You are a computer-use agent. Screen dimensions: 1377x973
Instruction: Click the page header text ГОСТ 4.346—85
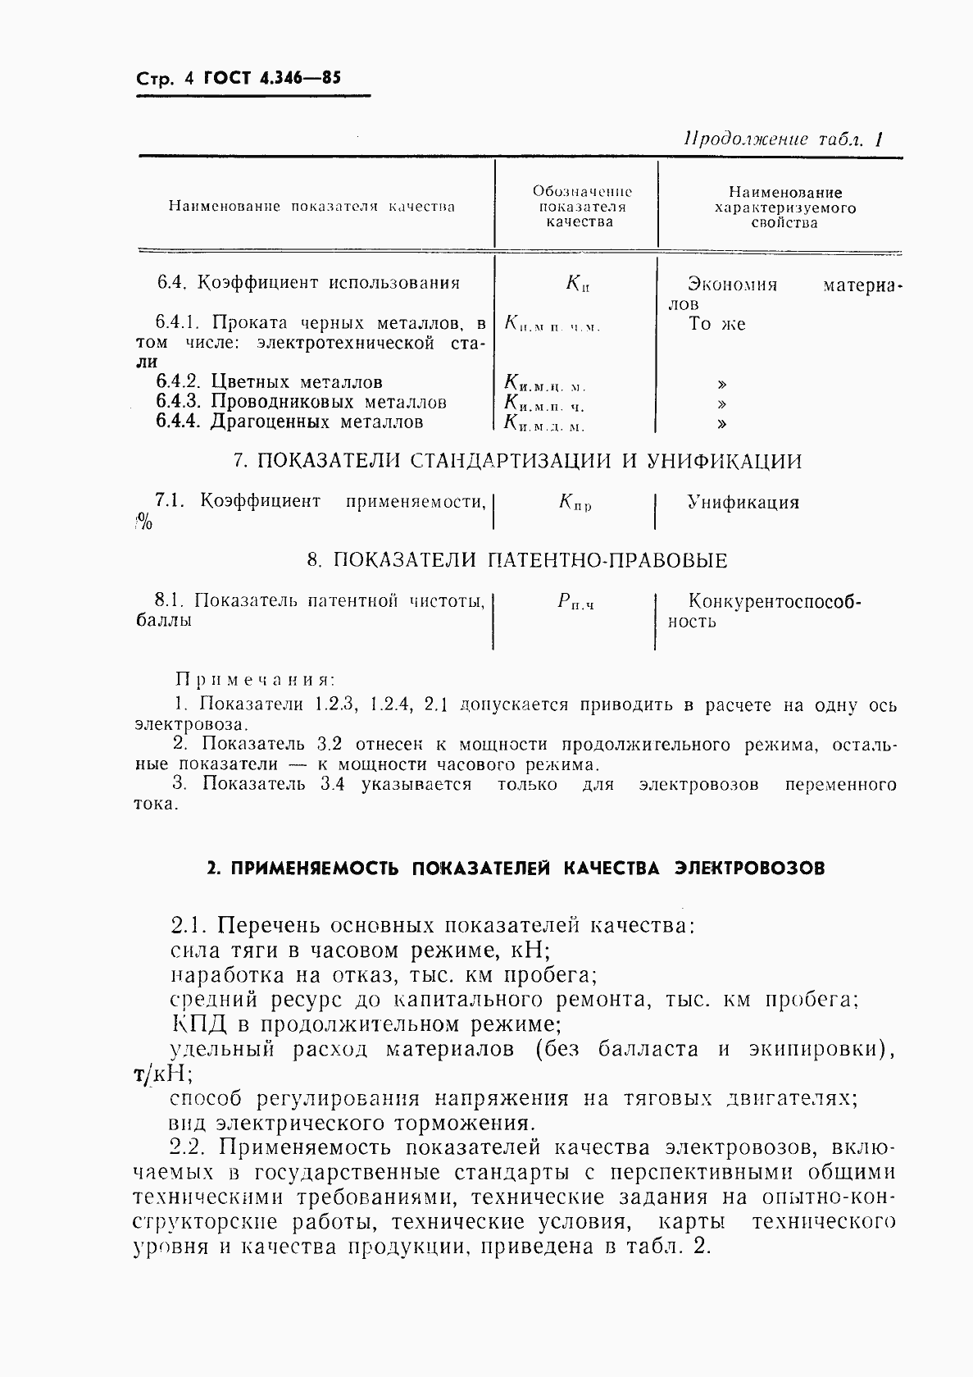pos(271,79)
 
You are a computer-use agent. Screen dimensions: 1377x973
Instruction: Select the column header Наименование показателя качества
pos(311,207)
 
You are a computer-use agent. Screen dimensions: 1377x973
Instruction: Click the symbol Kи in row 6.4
pos(577,284)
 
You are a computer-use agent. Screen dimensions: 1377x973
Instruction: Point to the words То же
pos(716,324)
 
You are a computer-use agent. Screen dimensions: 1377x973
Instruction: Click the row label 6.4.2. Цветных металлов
pos(269,382)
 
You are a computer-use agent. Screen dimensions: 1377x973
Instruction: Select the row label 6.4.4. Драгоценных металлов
pos(289,422)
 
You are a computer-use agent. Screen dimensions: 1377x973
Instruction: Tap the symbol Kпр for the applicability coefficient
pos(575,504)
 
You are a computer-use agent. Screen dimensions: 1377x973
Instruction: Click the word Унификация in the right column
pos(743,502)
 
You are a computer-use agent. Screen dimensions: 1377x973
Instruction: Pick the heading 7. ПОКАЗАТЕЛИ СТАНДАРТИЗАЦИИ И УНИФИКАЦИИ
pos(517,461)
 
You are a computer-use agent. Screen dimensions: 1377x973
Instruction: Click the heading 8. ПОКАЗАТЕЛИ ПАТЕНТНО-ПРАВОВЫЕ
pos(517,561)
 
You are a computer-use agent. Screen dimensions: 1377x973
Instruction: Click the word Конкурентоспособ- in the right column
pos(775,602)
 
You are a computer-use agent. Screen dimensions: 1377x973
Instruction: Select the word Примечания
pos(256,680)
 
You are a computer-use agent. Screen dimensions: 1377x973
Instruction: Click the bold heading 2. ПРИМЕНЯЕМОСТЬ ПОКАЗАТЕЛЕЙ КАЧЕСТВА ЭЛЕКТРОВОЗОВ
pos(516,869)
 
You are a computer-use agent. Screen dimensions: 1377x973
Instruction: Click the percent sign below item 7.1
pos(143,522)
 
